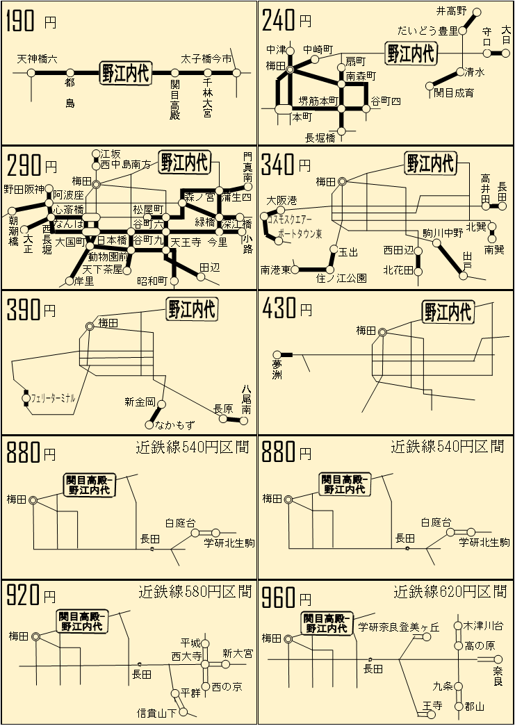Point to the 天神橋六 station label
(x=38, y=60)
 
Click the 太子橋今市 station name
(x=206, y=59)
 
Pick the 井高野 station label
(x=451, y=11)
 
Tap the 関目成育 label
(x=454, y=92)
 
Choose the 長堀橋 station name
(x=320, y=137)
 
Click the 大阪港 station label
(x=281, y=200)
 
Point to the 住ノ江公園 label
(x=341, y=278)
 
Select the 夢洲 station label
(x=277, y=369)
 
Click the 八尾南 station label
(x=246, y=400)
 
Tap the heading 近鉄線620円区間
(x=450, y=592)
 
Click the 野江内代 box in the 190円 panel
(x=126, y=72)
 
